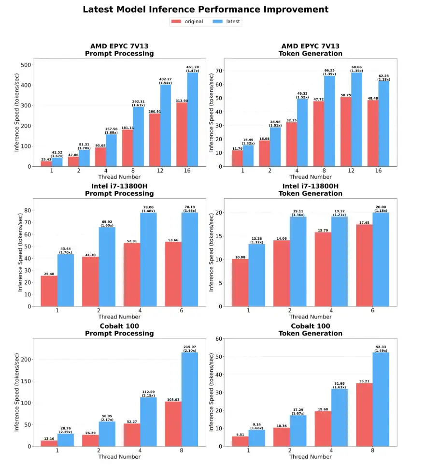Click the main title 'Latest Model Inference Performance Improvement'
pyautogui.click(x=206, y=10)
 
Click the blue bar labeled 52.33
pyautogui.click(x=381, y=399)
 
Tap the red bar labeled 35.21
pyautogui.click(x=364, y=415)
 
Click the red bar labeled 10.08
pyautogui.click(x=240, y=282)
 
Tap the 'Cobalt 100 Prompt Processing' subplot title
pyautogui.click(x=119, y=330)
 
